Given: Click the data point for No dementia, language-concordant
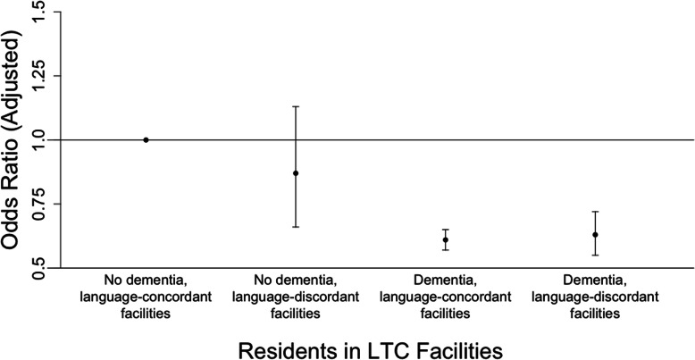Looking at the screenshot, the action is point(146,139).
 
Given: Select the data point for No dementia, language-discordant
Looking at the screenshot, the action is point(296,172).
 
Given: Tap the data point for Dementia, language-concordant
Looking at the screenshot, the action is point(445,239).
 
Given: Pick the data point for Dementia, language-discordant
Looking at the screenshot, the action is point(595,234).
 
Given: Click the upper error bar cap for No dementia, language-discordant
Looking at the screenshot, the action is point(296,106).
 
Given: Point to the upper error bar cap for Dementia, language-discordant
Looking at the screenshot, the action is point(595,212).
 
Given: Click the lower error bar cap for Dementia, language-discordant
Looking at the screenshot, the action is point(595,255).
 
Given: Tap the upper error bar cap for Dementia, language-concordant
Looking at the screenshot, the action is point(445,230).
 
